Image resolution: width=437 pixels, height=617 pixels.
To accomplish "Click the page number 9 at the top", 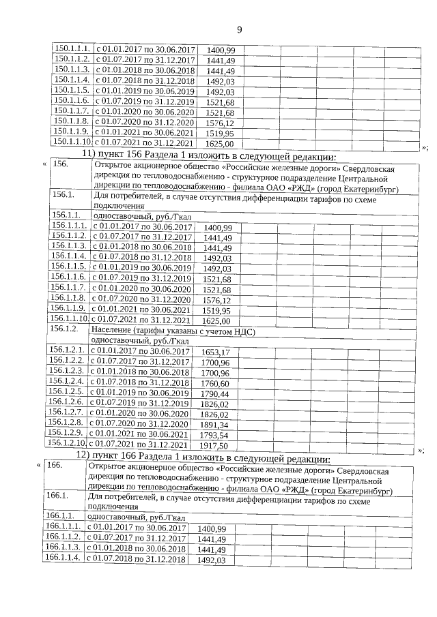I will [239, 29].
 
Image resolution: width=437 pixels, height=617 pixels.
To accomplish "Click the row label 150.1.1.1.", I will [71, 50].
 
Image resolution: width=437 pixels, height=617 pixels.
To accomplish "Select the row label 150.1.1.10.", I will [72, 144].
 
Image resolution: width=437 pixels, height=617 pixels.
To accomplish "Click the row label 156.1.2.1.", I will [67, 352].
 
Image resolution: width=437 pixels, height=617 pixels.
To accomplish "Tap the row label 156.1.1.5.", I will [68, 268].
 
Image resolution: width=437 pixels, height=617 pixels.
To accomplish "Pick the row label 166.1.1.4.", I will [62, 560].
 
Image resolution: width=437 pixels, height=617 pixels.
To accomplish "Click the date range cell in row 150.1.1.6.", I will [144, 102].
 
